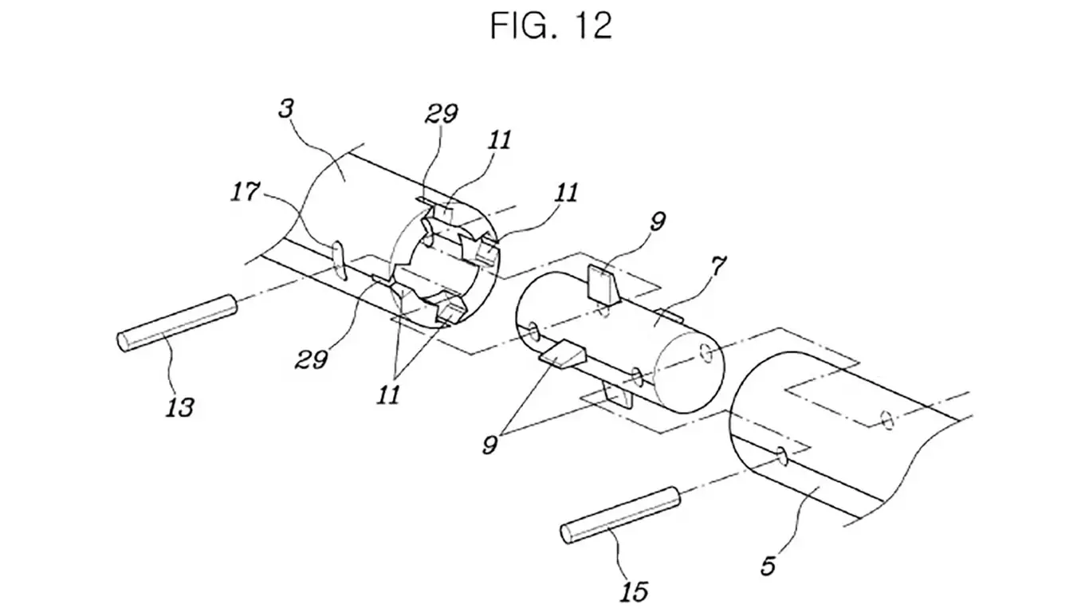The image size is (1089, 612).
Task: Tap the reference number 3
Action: click(x=286, y=108)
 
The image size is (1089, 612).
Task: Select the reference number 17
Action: click(x=245, y=191)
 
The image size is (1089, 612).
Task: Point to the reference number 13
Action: click(x=180, y=407)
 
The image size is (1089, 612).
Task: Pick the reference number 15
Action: click(x=635, y=591)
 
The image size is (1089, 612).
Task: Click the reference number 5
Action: click(x=769, y=566)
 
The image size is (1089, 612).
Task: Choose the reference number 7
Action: click(x=718, y=266)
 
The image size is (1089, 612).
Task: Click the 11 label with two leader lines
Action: click(x=388, y=394)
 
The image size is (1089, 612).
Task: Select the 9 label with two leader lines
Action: click(x=490, y=445)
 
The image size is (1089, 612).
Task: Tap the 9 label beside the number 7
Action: click(x=657, y=222)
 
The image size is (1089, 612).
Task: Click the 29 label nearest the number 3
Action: click(x=441, y=113)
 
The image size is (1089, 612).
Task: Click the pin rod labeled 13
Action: click(x=177, y=324)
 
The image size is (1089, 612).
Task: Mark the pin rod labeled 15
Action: click(x=620, y=515)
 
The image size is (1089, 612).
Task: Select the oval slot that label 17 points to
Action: click(x=339, y=262)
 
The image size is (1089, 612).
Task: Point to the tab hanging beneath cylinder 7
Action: click(x=617, y=394)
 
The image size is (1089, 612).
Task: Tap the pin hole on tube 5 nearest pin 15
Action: click(x=783, y=457)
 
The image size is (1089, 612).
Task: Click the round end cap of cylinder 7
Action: click(x=690, y=375)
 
